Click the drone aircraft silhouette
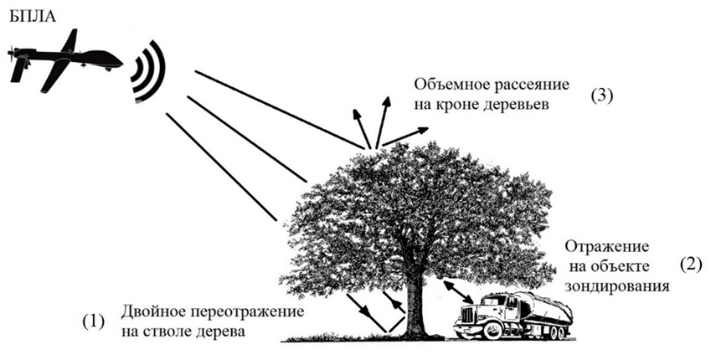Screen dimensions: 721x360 [63, 60]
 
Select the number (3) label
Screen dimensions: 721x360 [602, 95]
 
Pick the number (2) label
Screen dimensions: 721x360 [688, 266]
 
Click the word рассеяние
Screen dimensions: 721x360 [531, 85]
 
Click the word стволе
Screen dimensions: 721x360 [167, 332]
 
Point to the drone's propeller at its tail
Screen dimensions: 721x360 [13, 60]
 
